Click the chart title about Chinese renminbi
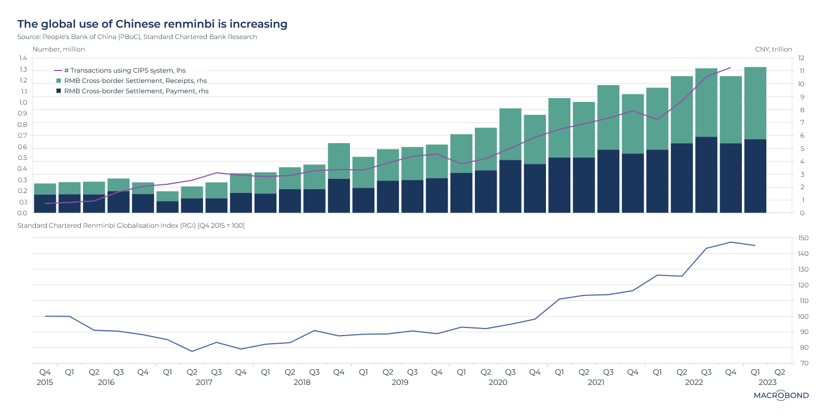[152, 24]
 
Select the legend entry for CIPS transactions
[125, 70]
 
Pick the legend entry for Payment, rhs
[136, 91]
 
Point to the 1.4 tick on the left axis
[23, 58]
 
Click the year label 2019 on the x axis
[400, 382]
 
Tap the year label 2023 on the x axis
[767, 382]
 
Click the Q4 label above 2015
[45, 372]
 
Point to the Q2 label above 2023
[779, 372]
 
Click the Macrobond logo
[781, 395]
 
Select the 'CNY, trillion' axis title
[773, 49]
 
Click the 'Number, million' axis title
[59, 49]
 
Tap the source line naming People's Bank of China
[137, 37]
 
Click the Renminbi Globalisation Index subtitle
[131, 226]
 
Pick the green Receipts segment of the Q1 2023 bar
[755, 103]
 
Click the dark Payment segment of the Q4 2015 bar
[45, 203]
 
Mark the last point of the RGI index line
[755, 246]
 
